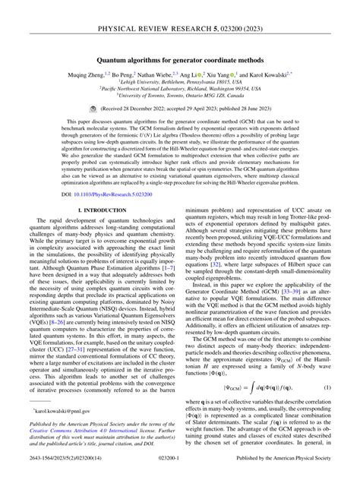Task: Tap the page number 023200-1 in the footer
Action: [x=180, y=470]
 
